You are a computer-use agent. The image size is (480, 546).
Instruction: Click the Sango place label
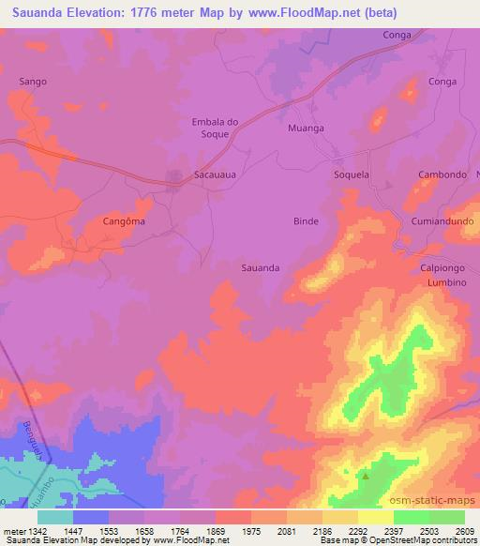pyautogui.click(x=33, y=82)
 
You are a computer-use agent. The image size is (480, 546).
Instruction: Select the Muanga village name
pyautogui.click(x=306, y=128)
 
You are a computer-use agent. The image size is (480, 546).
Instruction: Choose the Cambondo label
pyautogui.click(x=442, y=175)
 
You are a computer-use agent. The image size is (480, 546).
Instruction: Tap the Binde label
pyautogui.click(x=306, y=221)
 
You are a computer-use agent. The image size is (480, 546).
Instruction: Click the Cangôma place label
pyautogui.click(x=124, y=222)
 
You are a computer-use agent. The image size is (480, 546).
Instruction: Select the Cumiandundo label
pyautogui.click(x=439, y=221)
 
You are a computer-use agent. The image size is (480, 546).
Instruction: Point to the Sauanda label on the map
pyautogui.click(x=261, y=267)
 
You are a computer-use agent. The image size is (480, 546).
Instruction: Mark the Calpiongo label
pyautogui.click(x=442, y=267)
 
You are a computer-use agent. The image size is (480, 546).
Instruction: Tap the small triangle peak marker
pyautogui.click(x=365, y=475)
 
